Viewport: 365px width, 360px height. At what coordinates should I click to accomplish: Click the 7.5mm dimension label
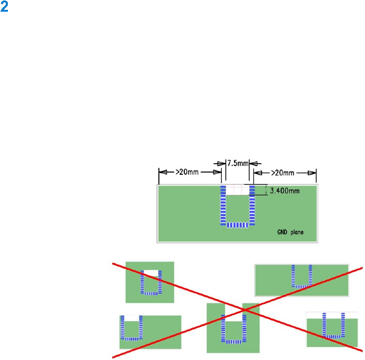pyautogui.click(x=237, y=164)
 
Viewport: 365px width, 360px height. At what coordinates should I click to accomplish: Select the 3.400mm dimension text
pyautogui.click(x=285, y=190)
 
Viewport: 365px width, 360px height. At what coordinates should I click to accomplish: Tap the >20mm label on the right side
pyautogui.click(x=285, y=172)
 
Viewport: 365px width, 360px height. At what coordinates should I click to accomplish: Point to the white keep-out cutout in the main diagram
pyautogui.click(x=237, y=190)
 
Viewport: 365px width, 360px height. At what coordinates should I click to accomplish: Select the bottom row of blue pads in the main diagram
pyautogui.click(x=237, y=225)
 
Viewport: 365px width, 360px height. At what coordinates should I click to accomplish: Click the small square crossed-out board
pyautogui.click(x=150, y=282)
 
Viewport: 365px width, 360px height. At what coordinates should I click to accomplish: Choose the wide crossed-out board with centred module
pyautogui.click(x=301, y=280)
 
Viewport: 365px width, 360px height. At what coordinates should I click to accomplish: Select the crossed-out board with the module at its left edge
pyautogui.click(x=150, y=332)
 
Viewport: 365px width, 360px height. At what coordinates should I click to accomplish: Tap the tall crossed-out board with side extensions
pyautogui.click(x=233, y=328)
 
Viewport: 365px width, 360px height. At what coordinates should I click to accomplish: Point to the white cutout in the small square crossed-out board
pyautogui.click(x=151, y=273)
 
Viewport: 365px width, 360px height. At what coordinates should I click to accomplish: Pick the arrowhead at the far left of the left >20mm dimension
pyautogui.click(x=161, y=172)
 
